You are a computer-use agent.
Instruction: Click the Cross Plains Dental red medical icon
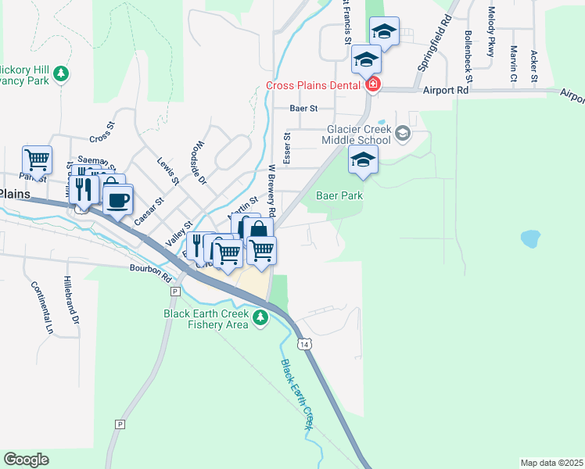[x=373, y=84]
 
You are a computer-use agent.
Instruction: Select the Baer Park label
[x=339, y=196]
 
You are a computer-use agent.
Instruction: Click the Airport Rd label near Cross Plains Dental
[x=446, y=91]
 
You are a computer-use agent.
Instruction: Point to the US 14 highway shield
[x=303, y=343]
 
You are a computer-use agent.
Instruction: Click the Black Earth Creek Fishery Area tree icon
[x=260, y=318]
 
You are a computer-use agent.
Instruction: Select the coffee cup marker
[x=117, y=199]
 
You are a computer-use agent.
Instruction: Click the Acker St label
[x=533, y=66]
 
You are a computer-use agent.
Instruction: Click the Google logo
[x=26, y=460]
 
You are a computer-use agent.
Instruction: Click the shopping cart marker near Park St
[x=37, y=160]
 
